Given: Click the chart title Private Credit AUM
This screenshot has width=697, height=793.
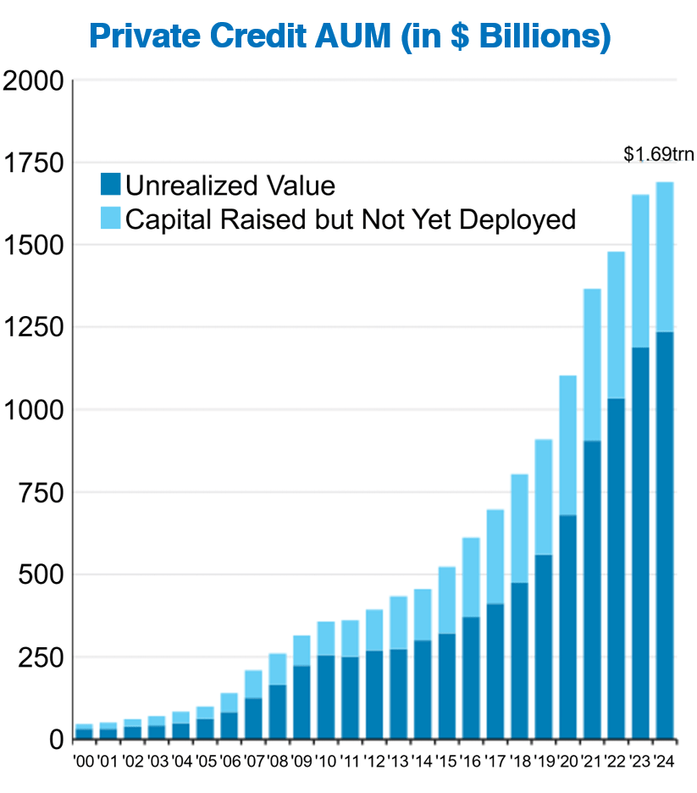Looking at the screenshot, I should [x=349, y=36].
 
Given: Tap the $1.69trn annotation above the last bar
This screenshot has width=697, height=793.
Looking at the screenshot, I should [x=658, y=154].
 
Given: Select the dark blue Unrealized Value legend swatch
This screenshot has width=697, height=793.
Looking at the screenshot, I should [x=111, y=185].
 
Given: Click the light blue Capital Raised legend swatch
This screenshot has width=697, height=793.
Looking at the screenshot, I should [x=111, y=219].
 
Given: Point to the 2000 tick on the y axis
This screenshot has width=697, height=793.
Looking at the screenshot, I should [x=34, y=81].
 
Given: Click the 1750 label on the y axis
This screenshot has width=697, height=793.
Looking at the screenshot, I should [x=34, y=164].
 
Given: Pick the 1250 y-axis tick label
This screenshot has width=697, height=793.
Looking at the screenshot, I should [x=34, y=328].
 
